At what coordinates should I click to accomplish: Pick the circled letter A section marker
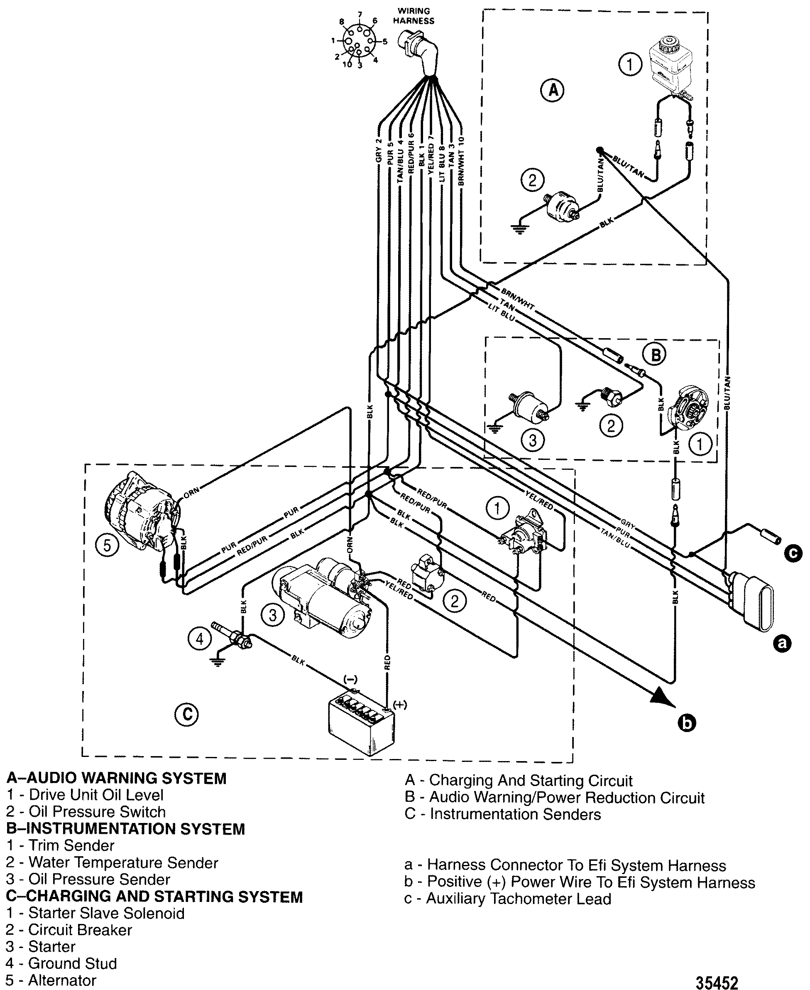coord(553,90)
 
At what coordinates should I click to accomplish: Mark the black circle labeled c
coord(794,553)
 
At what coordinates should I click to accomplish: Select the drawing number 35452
coord(717,979)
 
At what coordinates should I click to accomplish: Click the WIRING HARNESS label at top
coord(414,16)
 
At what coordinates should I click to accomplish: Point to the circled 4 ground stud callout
coord(200,638)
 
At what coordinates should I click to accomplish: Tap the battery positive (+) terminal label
coord(400,705)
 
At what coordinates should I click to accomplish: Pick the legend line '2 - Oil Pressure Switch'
coord(86,812)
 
